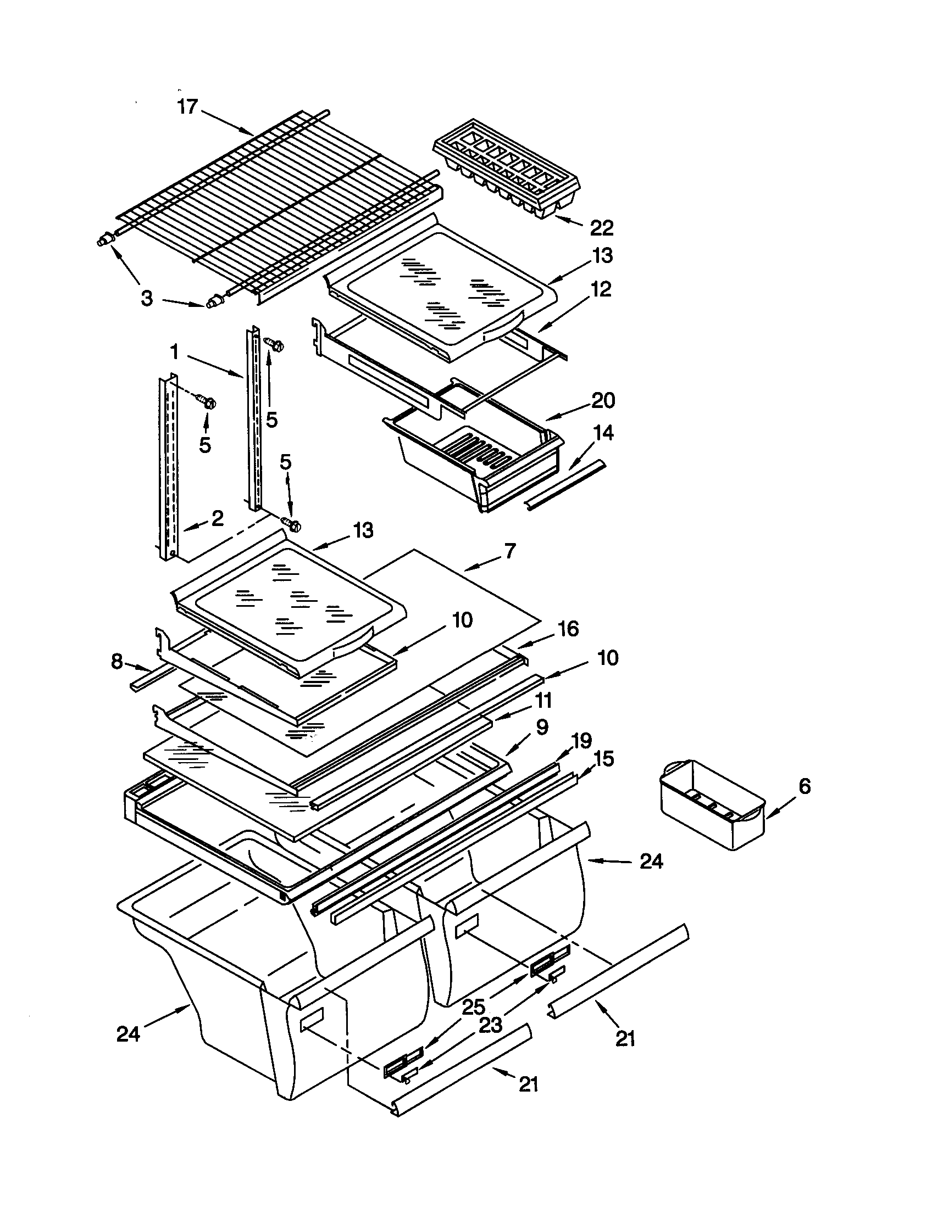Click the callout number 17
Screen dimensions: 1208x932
[187, 106]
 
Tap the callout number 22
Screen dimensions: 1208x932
[602, 227]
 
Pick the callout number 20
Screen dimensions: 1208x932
[603, 400]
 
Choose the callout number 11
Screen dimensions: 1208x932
[543, 701]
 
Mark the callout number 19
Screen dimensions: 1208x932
[581, 740]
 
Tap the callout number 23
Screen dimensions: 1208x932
[490, 1025]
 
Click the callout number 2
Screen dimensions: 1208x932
[217, 518]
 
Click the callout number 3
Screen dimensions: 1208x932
[146, 299]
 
